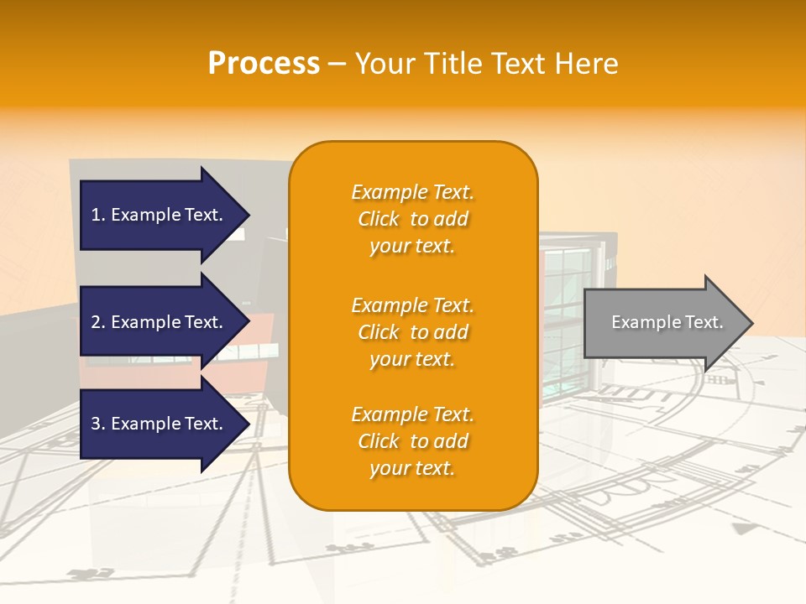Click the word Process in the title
(264, 64)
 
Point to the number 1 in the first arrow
(96, 215)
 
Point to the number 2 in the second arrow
(96, 322)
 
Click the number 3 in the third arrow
(96, 424)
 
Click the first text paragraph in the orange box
(412, 219)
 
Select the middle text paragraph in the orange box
(412, 332)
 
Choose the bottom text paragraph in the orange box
(412, 441)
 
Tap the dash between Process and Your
(337, 65)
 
